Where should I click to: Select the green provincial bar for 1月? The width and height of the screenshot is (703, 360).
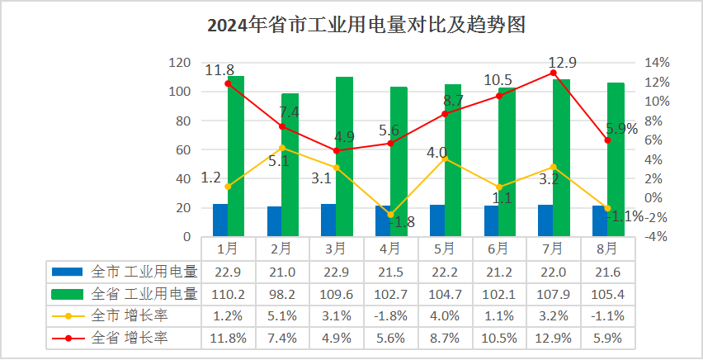pos(236,157)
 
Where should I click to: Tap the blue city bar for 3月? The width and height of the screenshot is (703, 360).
pos(328,220)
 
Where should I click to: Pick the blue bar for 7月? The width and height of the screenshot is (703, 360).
pos(545,220)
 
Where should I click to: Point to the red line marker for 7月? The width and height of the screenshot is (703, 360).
pos(553,73)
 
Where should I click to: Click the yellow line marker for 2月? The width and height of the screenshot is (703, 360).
pos(282,149)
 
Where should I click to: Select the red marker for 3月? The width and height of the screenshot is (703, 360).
pos(336,151)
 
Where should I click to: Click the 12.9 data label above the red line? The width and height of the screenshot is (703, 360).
pos(562,62)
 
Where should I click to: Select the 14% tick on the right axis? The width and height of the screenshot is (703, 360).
pos(654,63)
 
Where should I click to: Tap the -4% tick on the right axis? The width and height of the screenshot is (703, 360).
pos(654,237)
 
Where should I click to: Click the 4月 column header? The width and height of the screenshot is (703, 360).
pos(390,248)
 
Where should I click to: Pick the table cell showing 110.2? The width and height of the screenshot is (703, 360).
pos(228,293)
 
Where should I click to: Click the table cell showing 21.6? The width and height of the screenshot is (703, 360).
pos(606,271)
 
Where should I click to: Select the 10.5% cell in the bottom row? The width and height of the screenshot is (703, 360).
pos(498,338)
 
